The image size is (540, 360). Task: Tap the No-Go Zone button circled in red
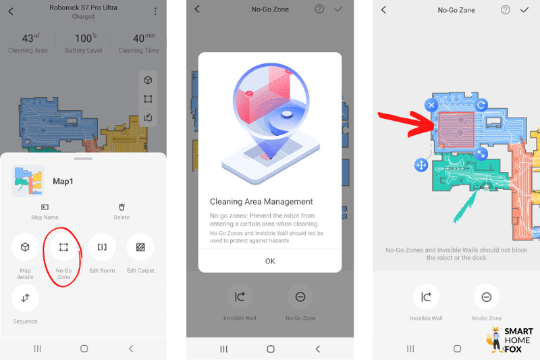[x=63, y=247]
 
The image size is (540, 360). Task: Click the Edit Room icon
[x=102, y=247]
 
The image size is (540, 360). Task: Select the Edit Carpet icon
[x=140, y=247]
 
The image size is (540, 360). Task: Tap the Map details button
[x=25, y=247]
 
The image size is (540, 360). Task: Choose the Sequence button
[x=25, y=298]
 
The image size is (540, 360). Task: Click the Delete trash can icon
[x=122, y=207]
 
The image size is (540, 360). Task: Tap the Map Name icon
[x=45, y=207]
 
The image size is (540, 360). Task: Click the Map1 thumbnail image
[x=28, y=181]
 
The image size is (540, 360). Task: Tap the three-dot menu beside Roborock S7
[x=155, y=11]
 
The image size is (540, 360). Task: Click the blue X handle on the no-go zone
[x=431, y=105]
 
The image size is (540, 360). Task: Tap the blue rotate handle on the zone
[x=481, y=105]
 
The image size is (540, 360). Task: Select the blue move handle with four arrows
[x=421, y=165]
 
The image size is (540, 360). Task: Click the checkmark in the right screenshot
[x=524, y=10]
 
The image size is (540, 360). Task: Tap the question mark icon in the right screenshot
[x=506, y=10]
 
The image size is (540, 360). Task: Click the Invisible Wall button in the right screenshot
[x=426, y=297]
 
